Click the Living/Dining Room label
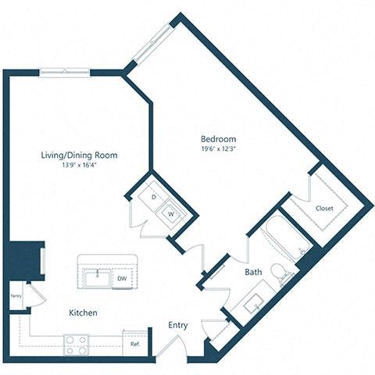pyautogui.click(x=79, y=155)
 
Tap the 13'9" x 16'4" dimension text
pyautogui.click(x=79, y=166)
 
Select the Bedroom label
pyautogui.click(x=217, y=138)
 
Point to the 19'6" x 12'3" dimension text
pyautogui.click(x=217, y=148)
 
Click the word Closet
pyautogui.click(x=324, y=208)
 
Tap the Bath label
pyautogui.click(x=252, y=272)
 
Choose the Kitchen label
pyautogui.click(x=84, y=312)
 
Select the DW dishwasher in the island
pyautogui.click(x=122, y=277)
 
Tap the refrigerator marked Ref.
pyautogui.click(x=135, y=343)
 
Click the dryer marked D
pyautogui.click(x=154, y=197)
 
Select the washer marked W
pyautogui.click(x=169, y=212)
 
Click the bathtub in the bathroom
pyautogui.click(x=283, y=237)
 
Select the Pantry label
pyautogui.click(x=16, y=296)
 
